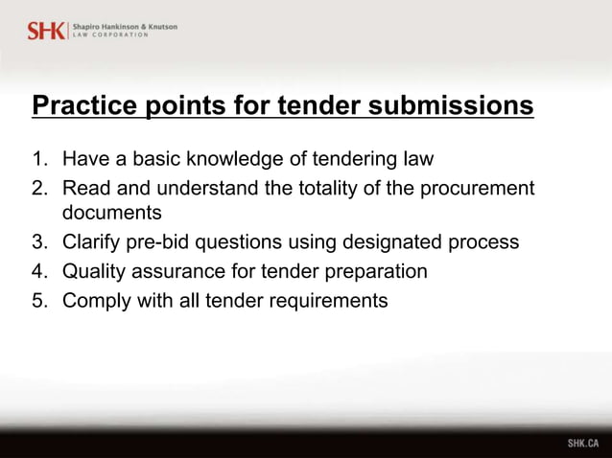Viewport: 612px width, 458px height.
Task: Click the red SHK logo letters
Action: [46, 30]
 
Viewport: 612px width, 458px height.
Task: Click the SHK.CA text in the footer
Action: [582, 444]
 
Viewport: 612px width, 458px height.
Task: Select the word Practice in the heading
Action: [87, 104]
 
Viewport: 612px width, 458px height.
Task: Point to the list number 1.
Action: [37, 158]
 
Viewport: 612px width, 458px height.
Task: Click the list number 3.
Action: [37, 241]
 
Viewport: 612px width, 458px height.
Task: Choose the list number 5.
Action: [37, 301]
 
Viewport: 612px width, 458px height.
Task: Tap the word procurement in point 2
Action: [471, 188]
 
